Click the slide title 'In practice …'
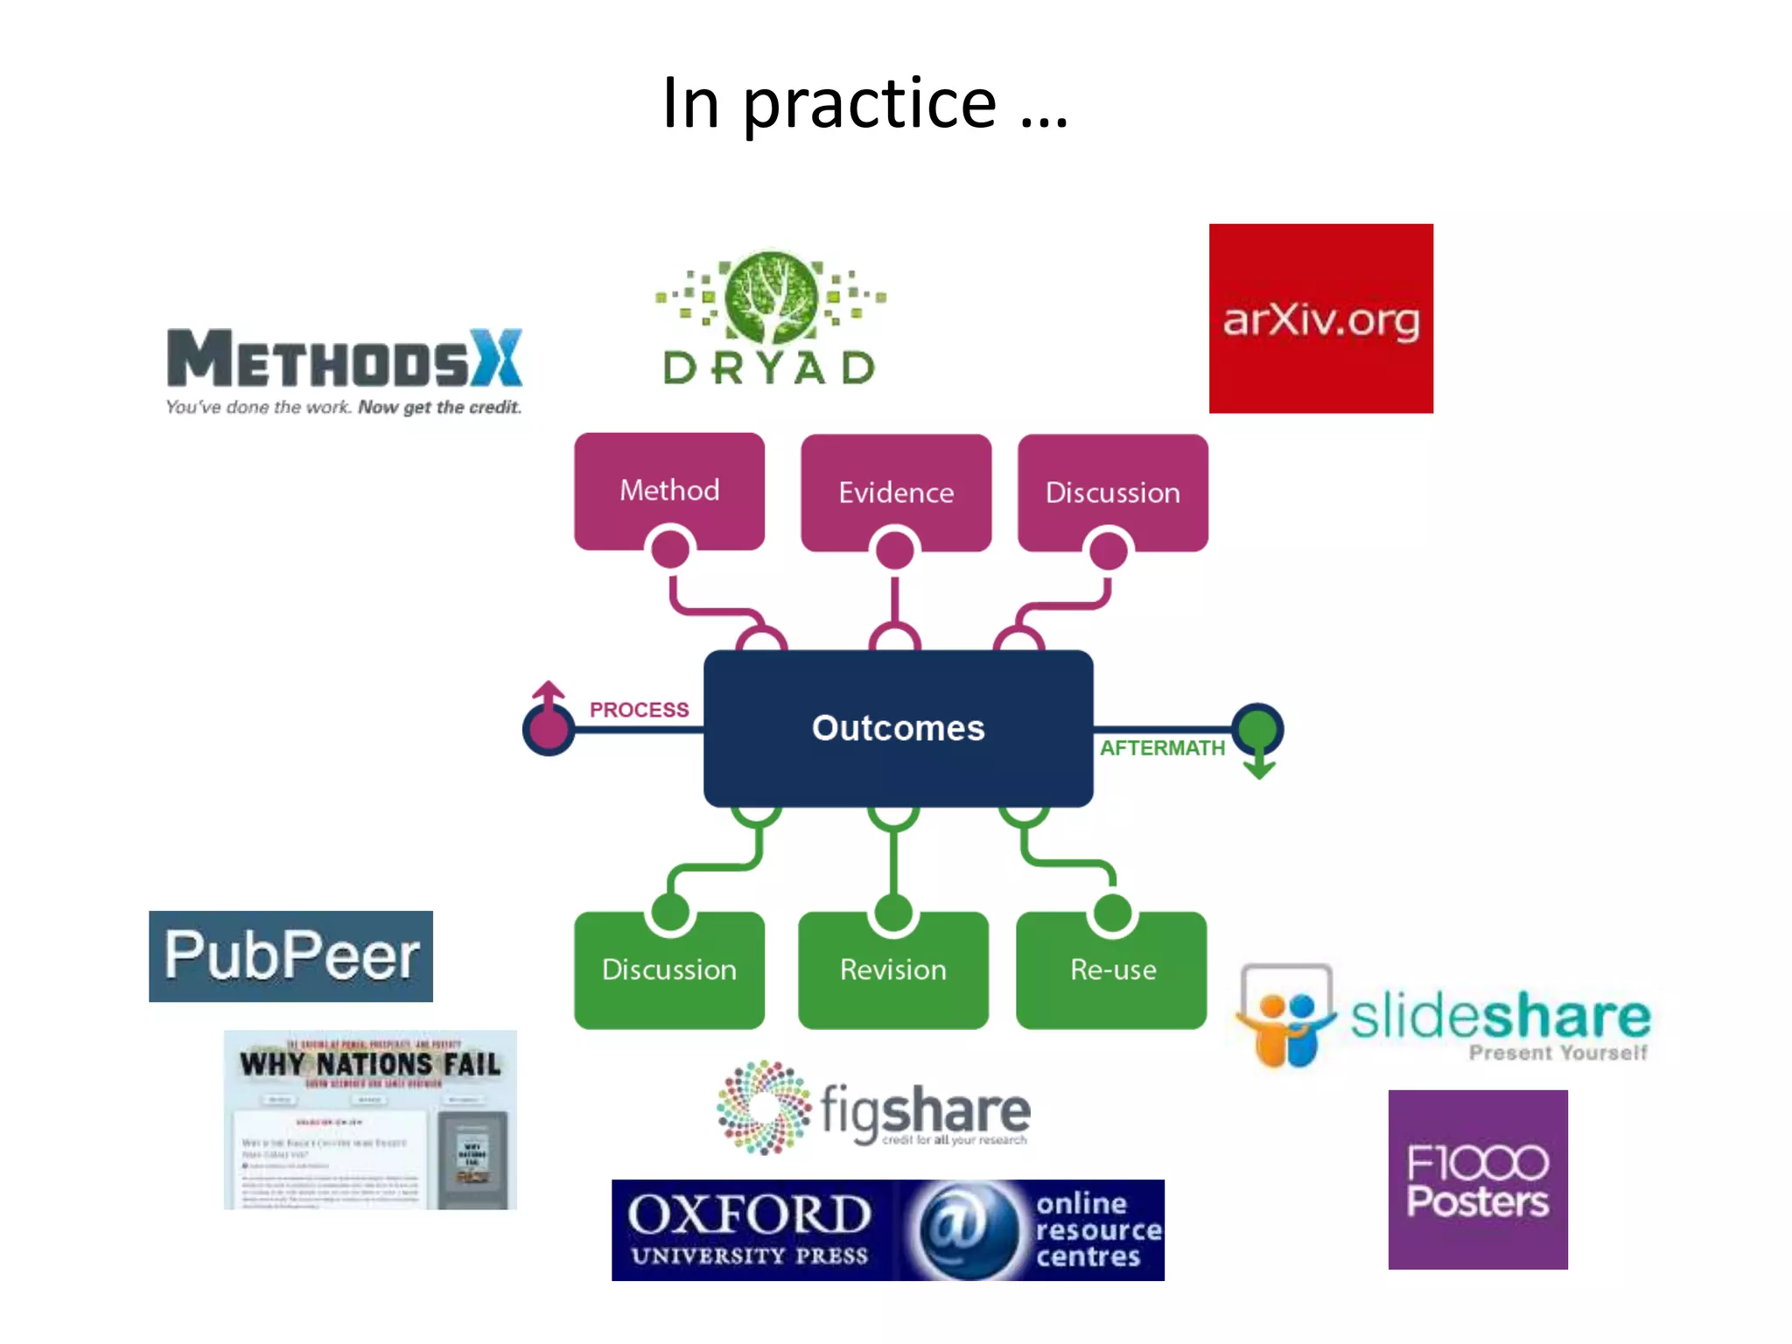(864, 103)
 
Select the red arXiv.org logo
(1320, 318)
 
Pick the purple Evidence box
(896, 491)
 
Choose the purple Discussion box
(1112, 491)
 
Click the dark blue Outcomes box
(898, 728)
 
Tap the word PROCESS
(639, 710)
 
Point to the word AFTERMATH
(1162, 748)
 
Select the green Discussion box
(669, 969)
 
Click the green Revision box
(893, 969)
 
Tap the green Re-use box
(1112, 969)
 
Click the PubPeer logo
(290, 955)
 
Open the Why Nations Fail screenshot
(370, 1120)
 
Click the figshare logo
(873, 1108)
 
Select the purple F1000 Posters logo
(1477, 1179)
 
